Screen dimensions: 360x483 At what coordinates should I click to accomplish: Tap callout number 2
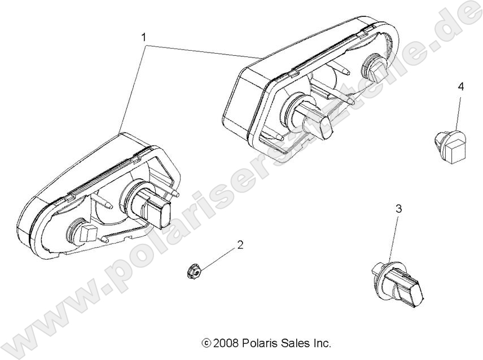[240, 245]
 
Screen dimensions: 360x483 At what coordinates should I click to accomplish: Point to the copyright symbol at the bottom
[206, 343]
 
